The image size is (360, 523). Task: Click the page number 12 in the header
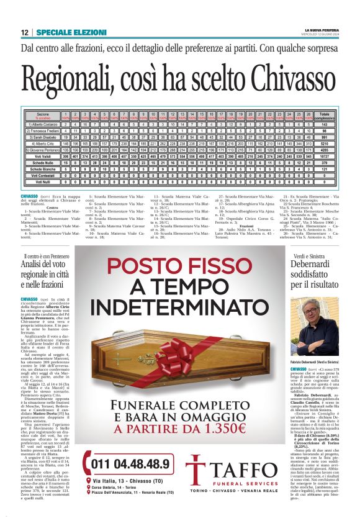(x=25, y=32)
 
